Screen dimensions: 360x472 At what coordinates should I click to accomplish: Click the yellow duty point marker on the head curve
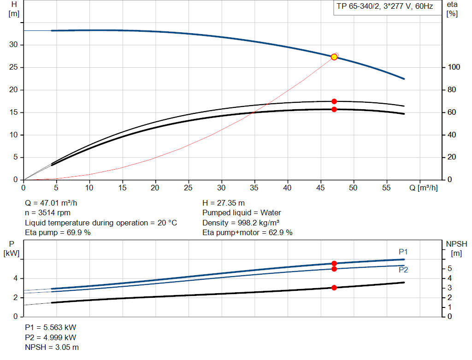[334, 57]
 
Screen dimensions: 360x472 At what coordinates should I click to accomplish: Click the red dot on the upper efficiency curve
[334, 101]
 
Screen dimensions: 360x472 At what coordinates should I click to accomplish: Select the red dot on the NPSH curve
[334, 287]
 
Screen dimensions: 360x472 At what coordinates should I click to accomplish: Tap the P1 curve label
[403, 252]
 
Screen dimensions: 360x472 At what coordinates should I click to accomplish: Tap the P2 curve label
[403, 270]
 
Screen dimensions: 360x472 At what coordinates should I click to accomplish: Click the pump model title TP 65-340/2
[383, 7]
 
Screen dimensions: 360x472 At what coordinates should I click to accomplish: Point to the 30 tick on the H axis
[14, 45]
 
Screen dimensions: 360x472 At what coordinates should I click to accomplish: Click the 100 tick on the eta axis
[454, 67]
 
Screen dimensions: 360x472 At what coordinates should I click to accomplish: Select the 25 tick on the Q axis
[189, 188]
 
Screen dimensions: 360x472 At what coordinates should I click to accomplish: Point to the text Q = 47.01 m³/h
[54, 203]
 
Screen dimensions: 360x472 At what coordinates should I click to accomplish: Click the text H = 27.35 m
[224, 203]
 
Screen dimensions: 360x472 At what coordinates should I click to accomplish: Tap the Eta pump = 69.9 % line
[58, 233]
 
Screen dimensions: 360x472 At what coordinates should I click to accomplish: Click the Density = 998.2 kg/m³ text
[241, 223]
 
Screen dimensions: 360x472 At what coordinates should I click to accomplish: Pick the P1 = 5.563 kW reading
[50, 327]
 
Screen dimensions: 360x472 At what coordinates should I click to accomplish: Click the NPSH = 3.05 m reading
[52, 347]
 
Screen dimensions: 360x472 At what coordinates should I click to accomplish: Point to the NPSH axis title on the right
[456, 244]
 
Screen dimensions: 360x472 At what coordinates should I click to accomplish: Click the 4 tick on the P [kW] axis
[15, 278]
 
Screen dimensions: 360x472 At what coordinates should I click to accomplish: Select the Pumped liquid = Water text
[242, 213]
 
